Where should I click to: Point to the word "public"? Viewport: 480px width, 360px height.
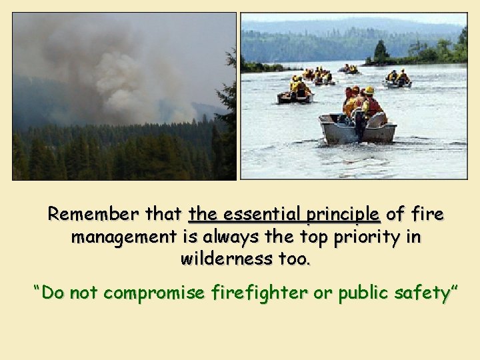[363, 293]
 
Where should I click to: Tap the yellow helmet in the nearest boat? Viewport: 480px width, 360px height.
[369, 90]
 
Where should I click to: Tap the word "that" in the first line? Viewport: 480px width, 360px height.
[164, 215]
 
